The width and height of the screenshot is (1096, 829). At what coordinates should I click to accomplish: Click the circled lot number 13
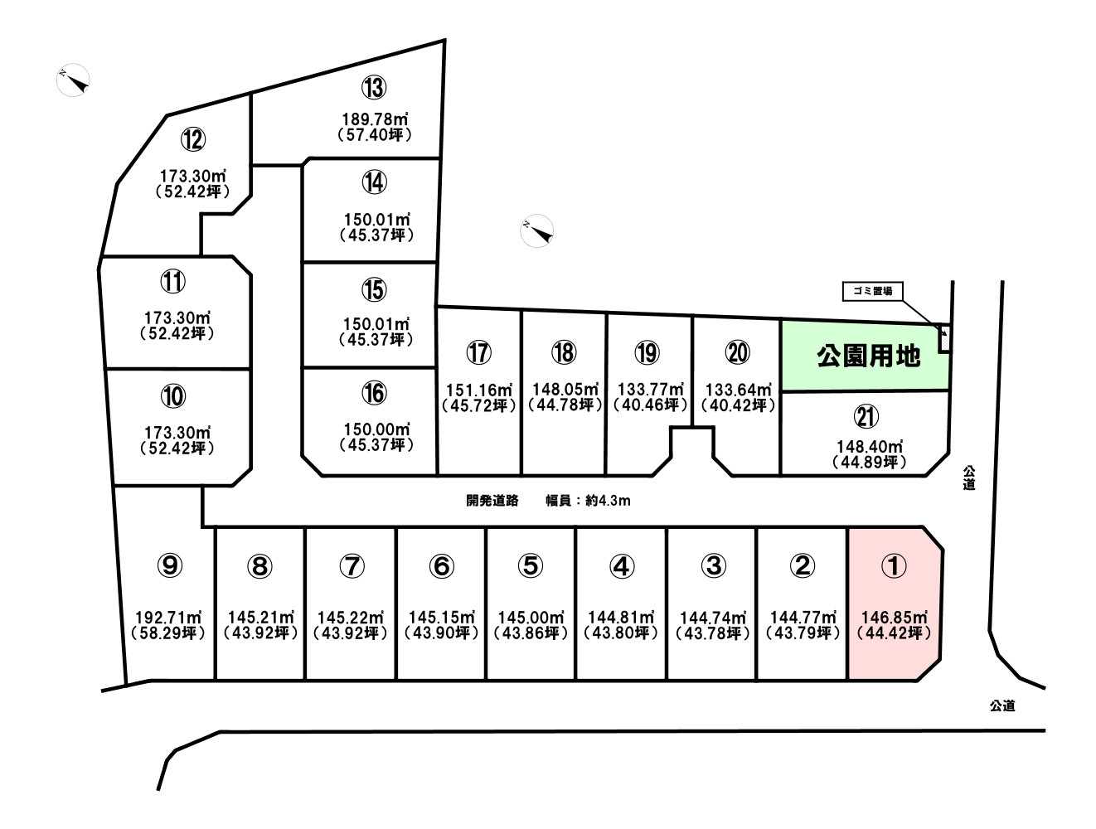pyautogui.click(x=374, y=87)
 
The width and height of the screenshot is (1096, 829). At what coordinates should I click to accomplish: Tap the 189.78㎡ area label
pyautogui.click(x=375, y=119)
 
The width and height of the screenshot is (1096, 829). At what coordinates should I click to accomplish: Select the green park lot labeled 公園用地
pyautogui.click(x=866, y=356)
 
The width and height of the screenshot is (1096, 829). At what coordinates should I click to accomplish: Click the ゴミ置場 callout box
pyautogui.click(x=872, y=291)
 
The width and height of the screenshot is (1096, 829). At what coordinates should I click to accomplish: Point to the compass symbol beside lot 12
pyautogui.click(x=74, y=80)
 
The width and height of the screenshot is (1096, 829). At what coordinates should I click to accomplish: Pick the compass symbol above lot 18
pyautogui.click(x=536, y=230)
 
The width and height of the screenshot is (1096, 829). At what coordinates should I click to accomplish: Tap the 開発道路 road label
pyautogui.click(x=492, y=500)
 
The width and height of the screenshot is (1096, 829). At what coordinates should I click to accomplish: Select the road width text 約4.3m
pyautogui.click(x=608, y=500)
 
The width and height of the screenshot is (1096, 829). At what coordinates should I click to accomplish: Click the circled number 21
pyautogui.click(x=866, y=416)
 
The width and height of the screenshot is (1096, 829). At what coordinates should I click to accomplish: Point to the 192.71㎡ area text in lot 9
pyautogui.click(x=169, y=618)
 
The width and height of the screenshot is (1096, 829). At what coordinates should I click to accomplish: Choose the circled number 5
pyautogui.click(x=531, y=565)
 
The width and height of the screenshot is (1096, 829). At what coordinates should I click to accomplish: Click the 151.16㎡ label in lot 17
pyautogui.click(x=479, y=390)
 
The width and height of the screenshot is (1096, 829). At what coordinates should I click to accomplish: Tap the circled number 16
pyautogui.click(x=374, y=393)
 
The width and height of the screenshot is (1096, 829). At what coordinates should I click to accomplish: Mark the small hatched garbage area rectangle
pyautogui.click(x=943, y=339)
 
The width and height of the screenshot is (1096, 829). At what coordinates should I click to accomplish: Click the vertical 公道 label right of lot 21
pyautogui.click(x=968, y=478)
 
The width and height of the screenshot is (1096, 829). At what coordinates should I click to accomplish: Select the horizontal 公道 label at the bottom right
pyautogui.click(x=1002, y=705)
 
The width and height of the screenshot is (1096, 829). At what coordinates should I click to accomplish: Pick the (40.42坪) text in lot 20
pyautogui.click(x=738, y=405)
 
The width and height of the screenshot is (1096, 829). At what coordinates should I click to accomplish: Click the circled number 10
pyautogui.click(x=173, y=397)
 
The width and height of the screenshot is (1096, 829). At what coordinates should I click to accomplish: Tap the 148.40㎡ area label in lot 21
pyautogui.click(x=870, y=446)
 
